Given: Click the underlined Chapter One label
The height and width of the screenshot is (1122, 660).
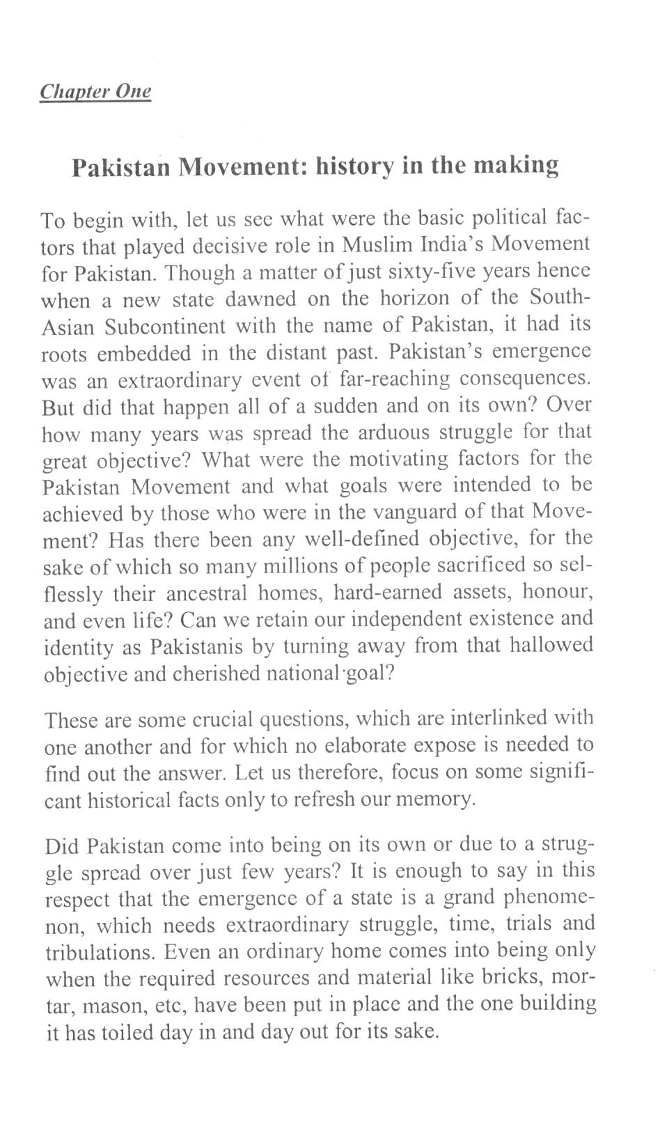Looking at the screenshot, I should tap(95, 91).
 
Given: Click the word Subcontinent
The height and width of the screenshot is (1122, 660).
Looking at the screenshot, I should tap(165, 326).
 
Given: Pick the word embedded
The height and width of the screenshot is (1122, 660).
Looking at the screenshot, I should tap(143, 353).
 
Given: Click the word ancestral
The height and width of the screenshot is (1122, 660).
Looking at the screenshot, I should tap(206, 593).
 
